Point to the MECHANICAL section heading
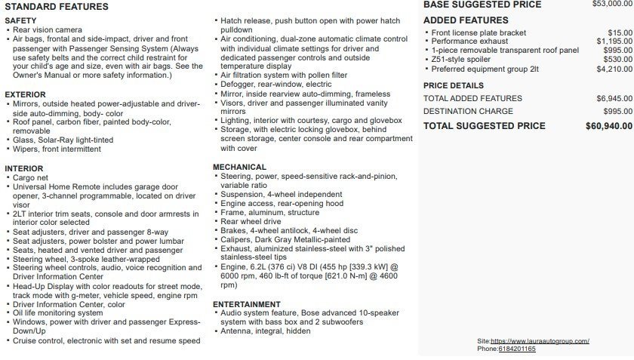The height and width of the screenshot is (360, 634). click(x=239, y=167)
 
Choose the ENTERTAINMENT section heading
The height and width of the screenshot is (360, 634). click(x=247, y=304)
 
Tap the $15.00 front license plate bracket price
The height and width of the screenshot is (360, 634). click(x=620, y=32)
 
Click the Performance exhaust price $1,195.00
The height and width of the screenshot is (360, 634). click(x=614, y=42)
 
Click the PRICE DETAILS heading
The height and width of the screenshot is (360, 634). click(x=454, y=85)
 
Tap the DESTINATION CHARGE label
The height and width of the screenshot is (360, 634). click(x=468, y=111)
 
